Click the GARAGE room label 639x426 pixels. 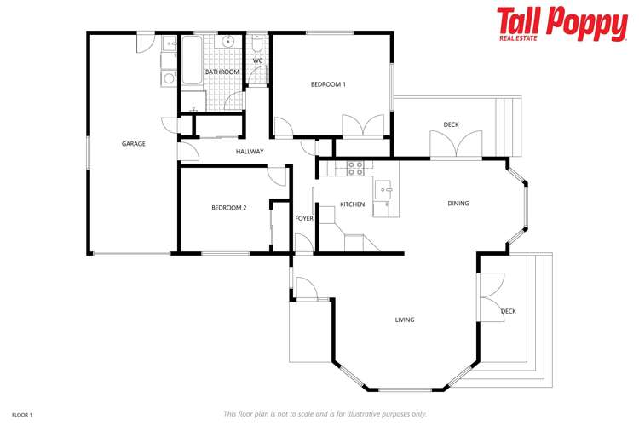pyautogui.click(x=133, y=144)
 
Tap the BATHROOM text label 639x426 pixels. pyautogui.click(x=222, y=72)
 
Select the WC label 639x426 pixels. pyautogui.click(x=257, y=60)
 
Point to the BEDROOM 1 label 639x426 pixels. pyautogui.click(x=328, y=84)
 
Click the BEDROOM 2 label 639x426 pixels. pyautogui.click(x=229, y=208)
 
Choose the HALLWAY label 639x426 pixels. pyautogui.click(x=250, y=152)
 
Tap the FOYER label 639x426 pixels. pyautogui.click(x=304, y=219)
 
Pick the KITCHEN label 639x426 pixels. pyautogui.click(x=352, y=204)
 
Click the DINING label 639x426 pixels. pyautogui.click(x=458, y=204)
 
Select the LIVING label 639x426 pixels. pyautogui.click(x=404, y=320)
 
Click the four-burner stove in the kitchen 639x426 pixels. pyautogui.click(x=355, y=169)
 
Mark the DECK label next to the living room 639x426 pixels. pyautogui.click(x=509, y=311)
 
